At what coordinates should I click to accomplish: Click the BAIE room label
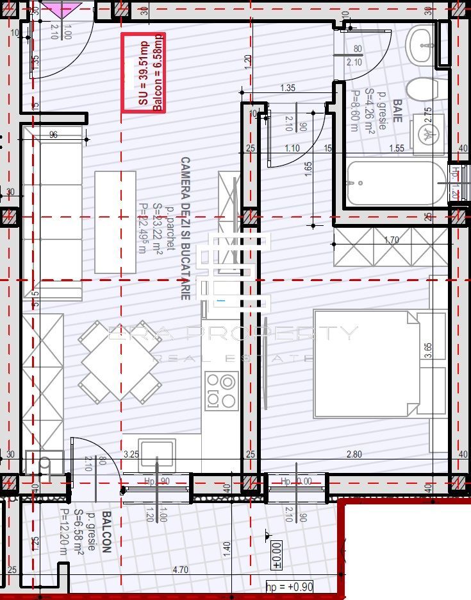[x=397, y=110]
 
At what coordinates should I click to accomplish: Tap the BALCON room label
[x=106, y=532]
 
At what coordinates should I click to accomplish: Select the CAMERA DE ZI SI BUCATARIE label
[x=186, y=228]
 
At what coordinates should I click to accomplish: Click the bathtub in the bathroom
[x=395, y=182]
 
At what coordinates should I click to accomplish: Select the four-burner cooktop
[x=221, y=390]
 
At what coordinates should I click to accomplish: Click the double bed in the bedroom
[x=378, y=363]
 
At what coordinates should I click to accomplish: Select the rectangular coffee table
[x=115, y=222]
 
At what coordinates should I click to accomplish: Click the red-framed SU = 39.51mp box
[x=144, y=73]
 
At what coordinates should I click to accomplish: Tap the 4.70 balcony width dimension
[x=181, y=569]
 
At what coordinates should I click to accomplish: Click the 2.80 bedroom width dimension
[x=354, y=454]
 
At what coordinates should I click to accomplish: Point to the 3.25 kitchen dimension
[x=131, y=454]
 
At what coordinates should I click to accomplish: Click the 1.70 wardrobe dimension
[x=391, y=241]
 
